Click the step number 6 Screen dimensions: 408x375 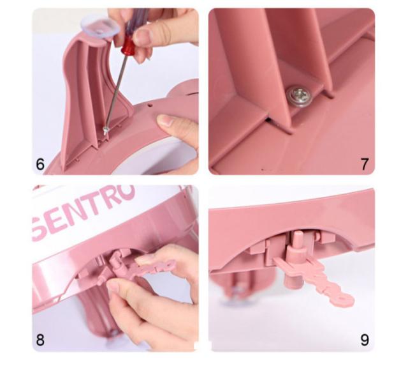tap(40, 164)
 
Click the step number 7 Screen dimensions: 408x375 tap(365, 164)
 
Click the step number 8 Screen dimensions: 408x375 tap(40, 340)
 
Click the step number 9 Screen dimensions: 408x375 tap(365, 340)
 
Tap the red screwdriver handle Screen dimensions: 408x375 tap(127, 46)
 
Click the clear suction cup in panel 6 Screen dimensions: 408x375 tap(100, 27)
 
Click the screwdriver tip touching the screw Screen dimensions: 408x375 tap(106, 130)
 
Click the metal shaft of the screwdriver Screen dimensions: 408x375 tap(116, 91)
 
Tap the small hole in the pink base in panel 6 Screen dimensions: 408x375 tap(151, 105)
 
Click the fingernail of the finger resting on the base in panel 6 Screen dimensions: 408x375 tap(164, 121)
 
